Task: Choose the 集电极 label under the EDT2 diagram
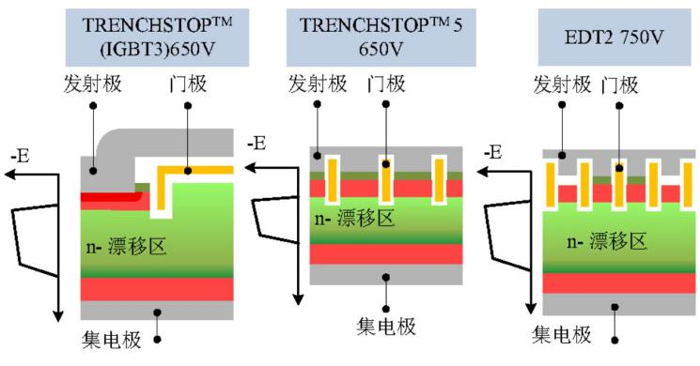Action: [x=562, y=335]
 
